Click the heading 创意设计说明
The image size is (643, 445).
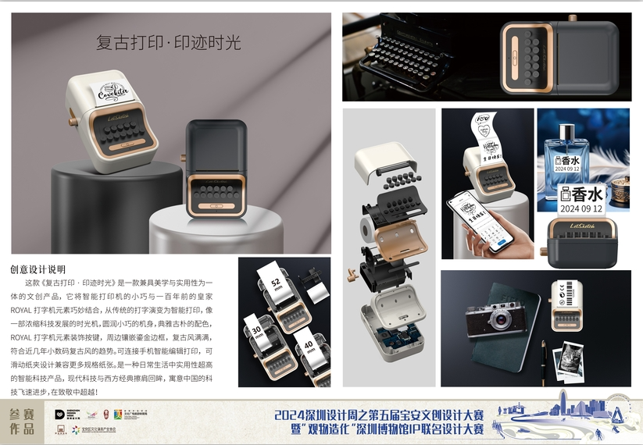click(38, 269)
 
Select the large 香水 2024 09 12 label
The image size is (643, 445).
click(582, 199)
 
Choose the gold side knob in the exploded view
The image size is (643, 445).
click(352, 272)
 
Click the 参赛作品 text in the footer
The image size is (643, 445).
click(22, 422)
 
